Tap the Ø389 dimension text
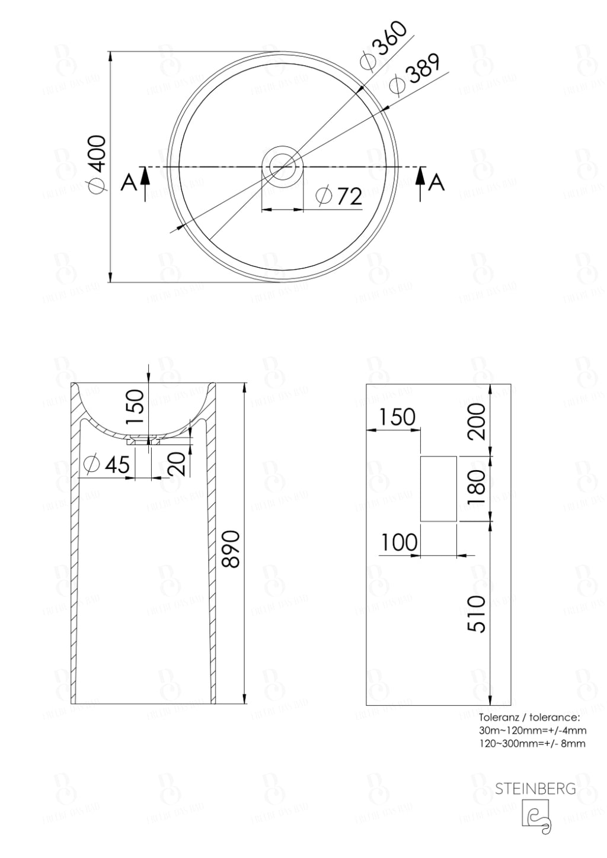(414, 74)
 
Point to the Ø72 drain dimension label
(339, 196)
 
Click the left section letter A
(127, 183)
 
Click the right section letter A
(436, 183)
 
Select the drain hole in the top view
(283, 165)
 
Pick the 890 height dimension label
(231, 549)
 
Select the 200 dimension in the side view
(477, 420)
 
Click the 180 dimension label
(477, 486)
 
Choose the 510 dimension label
(477, 614)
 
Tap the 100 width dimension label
(398, 542)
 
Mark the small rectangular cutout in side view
(438, 489)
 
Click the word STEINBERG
(535, 789)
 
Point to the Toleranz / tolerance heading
(525, 719)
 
